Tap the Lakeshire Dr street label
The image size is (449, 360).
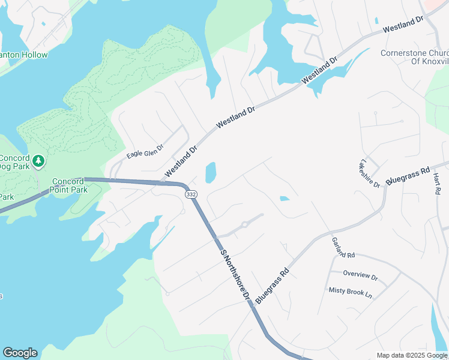369,173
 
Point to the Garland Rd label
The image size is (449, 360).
343,247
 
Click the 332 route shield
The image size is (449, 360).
191,194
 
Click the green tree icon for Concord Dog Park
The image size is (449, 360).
38,161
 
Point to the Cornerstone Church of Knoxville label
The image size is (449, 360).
415,58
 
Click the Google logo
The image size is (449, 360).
20,353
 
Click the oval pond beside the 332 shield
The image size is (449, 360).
211,173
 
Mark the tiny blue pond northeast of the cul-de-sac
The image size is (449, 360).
284,198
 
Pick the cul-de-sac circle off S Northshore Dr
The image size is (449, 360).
244,225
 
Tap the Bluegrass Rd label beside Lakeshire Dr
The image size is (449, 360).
409,175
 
